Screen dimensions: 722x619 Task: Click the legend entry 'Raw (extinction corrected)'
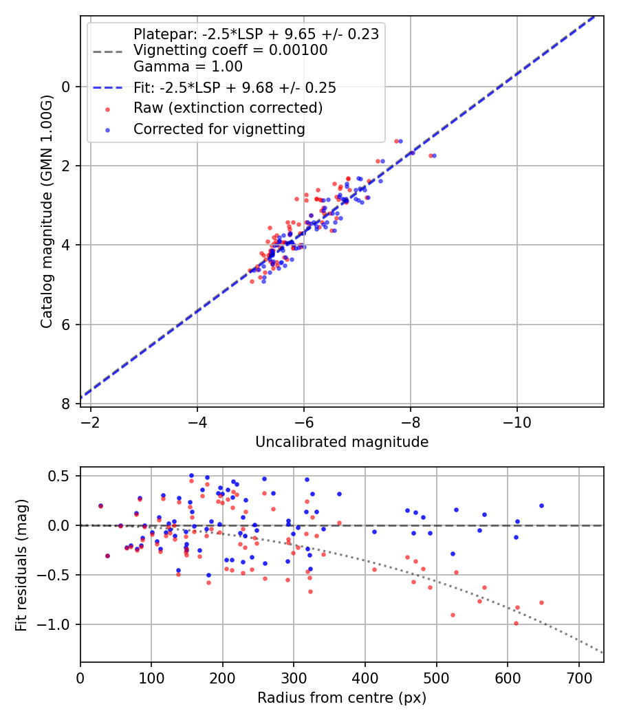pos(228,108)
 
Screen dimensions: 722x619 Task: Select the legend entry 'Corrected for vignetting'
pos(219,129)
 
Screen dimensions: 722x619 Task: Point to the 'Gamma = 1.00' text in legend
pos(188,67)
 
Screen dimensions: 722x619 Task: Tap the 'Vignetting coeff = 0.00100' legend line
pos(230,50)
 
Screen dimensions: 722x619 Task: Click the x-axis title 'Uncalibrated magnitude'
pos(342,442)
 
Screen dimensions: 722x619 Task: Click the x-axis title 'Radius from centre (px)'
pos(342,698)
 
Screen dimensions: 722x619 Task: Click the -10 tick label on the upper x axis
pos(517,422)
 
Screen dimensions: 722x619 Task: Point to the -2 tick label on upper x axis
pos(91,422)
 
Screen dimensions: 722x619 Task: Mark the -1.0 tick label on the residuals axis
pos(58,624)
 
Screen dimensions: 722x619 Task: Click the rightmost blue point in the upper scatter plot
pos(434,155)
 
